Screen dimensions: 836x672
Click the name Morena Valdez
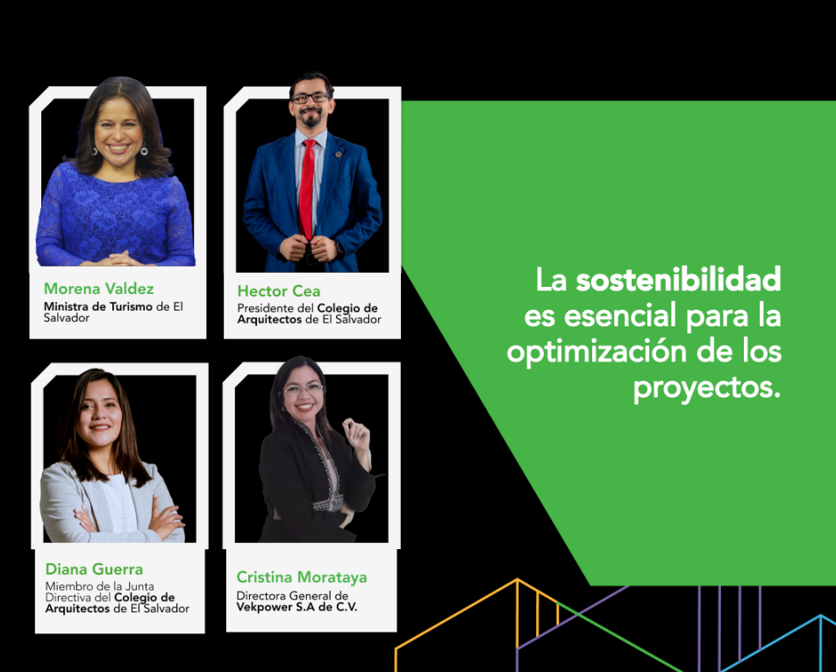[x=98, y=289]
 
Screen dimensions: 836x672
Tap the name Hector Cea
[x=279, y=290]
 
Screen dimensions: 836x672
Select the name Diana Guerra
[x=94, y=569]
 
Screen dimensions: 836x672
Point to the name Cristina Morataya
[x=302, y=577]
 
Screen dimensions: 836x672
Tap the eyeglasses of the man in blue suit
[x=311, y=97]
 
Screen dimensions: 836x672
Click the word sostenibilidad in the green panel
[x=678, y=279]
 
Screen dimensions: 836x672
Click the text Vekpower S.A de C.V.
[x=297, y=607]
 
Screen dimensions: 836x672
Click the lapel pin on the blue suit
[x=338, y=154]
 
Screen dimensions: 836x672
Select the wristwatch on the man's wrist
[x=339, y=248]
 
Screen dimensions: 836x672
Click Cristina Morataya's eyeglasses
[x=303, y=389]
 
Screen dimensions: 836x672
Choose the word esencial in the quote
[x=620, y=315]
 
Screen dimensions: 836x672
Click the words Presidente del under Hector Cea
[x=275, y=308]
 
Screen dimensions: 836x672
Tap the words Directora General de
[x=292, y=596]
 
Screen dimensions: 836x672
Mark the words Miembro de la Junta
[x=100, y=587]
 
